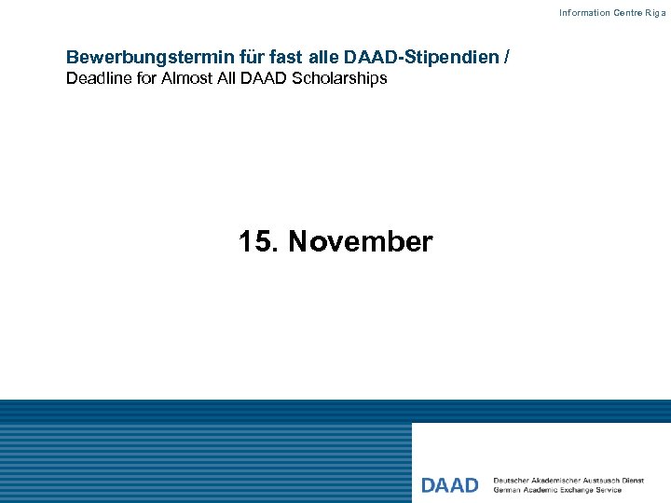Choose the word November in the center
click(x=361, y=242)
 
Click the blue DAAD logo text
click(x=449, y=485)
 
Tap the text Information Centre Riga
click(x=611, y=13)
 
